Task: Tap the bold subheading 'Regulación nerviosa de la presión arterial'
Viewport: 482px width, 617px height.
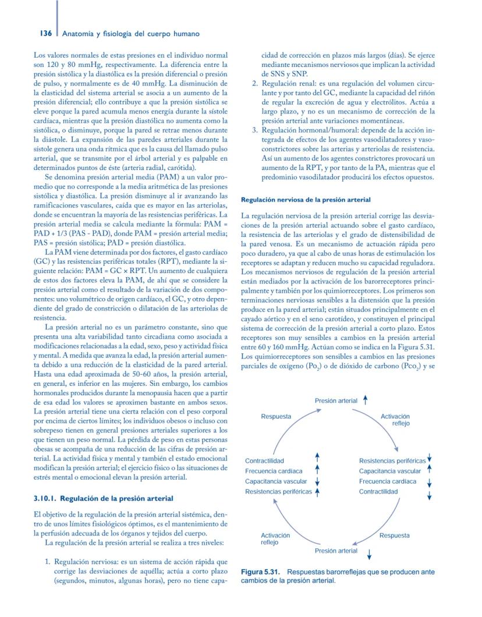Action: pos(306,200)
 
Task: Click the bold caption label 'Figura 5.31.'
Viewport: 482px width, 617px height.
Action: pos(262,573)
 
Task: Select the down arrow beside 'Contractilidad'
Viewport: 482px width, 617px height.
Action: pos(429,495)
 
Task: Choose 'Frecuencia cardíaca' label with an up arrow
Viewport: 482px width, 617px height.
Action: pos(274,471)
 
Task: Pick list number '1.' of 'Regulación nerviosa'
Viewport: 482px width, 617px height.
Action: pos(49,562)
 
